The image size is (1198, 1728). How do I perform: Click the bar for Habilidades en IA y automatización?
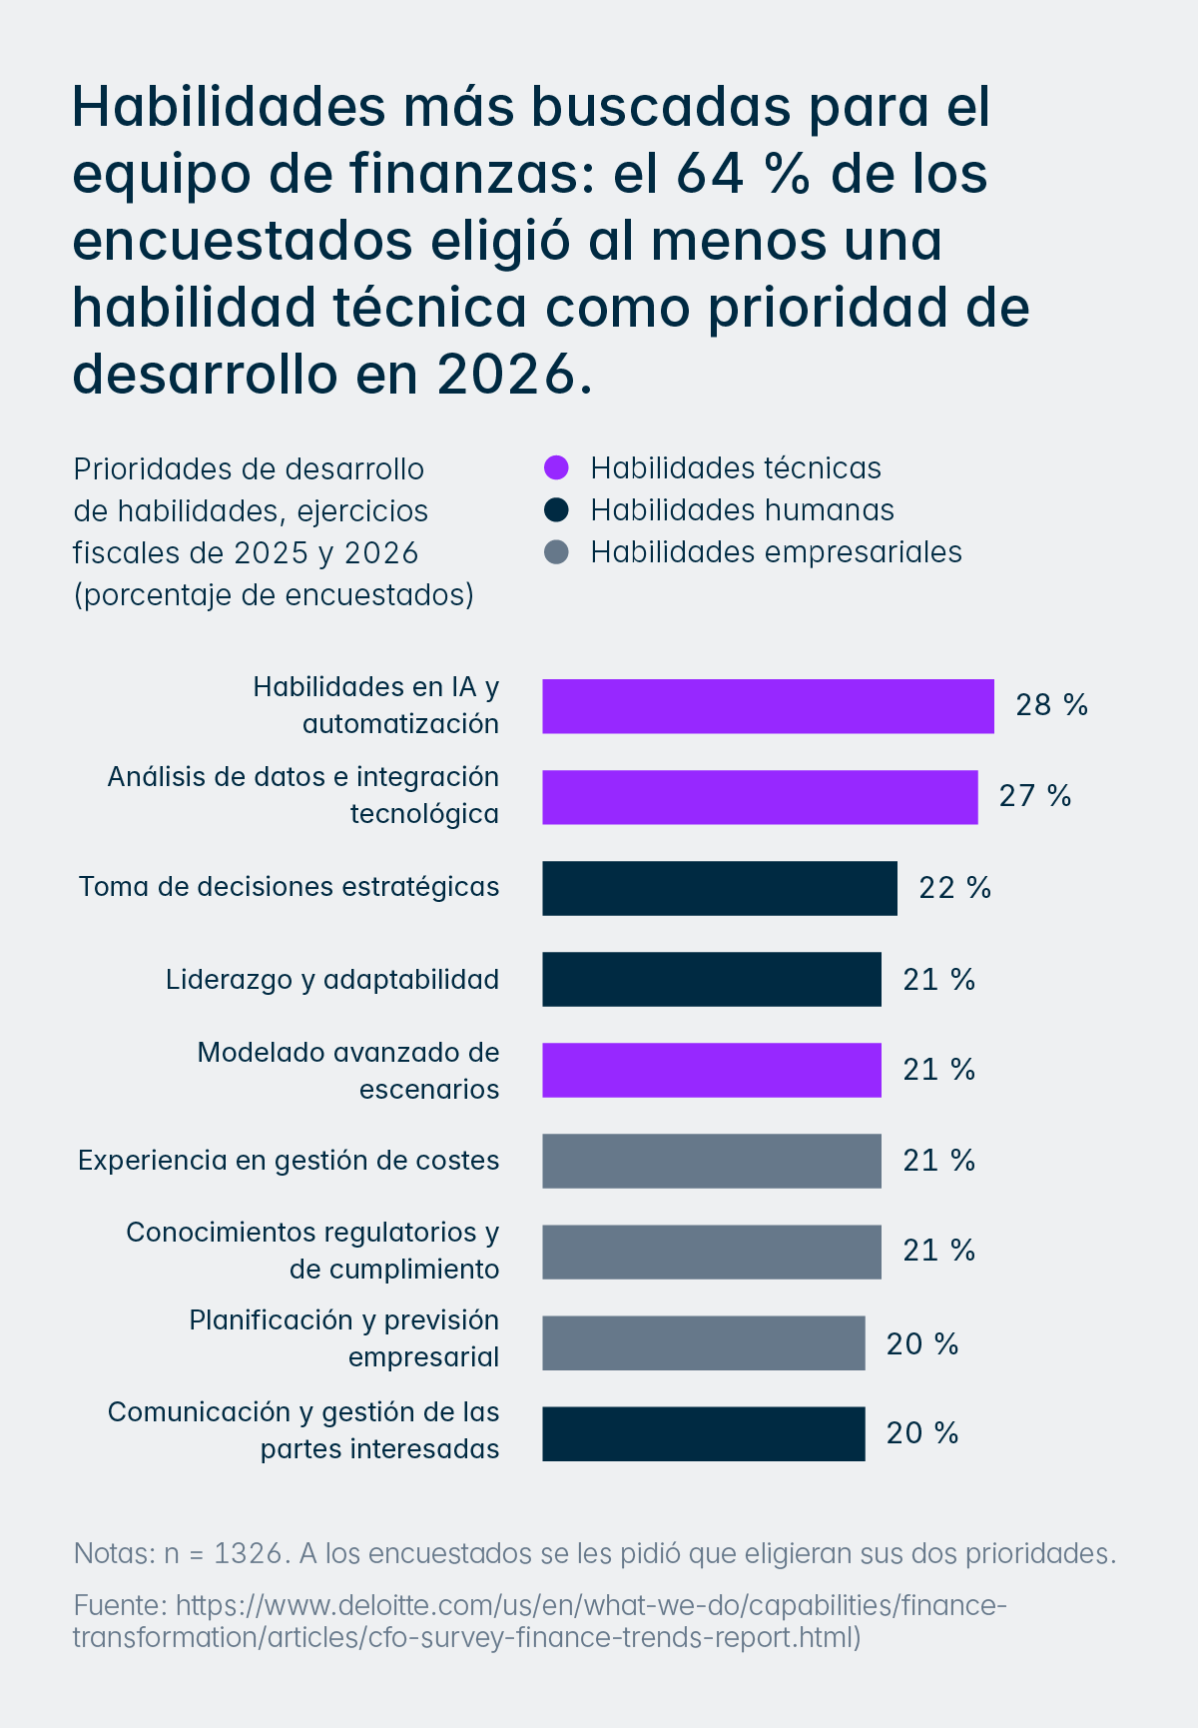click(768, 706)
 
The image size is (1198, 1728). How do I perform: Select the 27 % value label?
click(1034, 796)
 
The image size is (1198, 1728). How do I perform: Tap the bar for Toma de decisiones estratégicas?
click(719, 888)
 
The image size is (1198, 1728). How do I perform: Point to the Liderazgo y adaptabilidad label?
click(332, 979)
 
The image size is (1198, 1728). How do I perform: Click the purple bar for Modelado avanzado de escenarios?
click(711, 1070)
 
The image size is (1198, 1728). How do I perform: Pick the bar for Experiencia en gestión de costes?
click(711, 1161)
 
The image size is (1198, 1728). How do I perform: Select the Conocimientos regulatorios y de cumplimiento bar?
click(711, 1252)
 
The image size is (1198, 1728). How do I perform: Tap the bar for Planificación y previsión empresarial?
click(703, 1342)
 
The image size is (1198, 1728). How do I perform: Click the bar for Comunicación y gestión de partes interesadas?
click(703, 1433)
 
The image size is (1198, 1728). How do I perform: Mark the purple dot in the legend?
click(556, 467)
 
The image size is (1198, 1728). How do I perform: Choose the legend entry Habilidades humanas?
click(742, 510)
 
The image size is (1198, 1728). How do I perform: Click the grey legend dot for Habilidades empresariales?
click(556, 552)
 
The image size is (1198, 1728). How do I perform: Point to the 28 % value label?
click(1051, 705)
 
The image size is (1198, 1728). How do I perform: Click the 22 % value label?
click(954, 887)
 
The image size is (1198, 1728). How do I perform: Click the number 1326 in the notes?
click(247, 1553)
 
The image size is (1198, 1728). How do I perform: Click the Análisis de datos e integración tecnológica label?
click(303, 795)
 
